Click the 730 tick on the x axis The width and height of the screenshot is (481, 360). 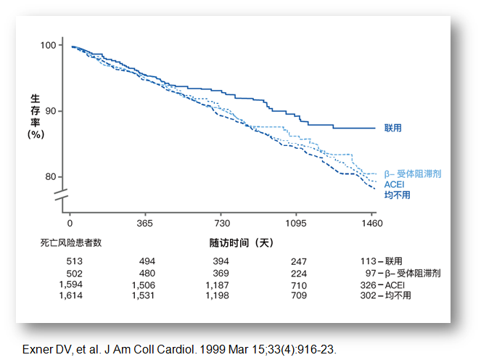pos(222,223)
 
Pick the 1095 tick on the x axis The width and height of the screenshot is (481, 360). pos(297,223)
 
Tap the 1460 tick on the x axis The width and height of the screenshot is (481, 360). pos(372,223)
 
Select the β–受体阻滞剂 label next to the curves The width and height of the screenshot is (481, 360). pos(413,174)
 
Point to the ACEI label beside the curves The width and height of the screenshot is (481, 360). pos(394,184)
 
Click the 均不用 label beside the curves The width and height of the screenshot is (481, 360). pos(397,194)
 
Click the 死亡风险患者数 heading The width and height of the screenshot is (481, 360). pos(71,242)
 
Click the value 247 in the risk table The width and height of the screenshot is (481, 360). pos(298,261)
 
